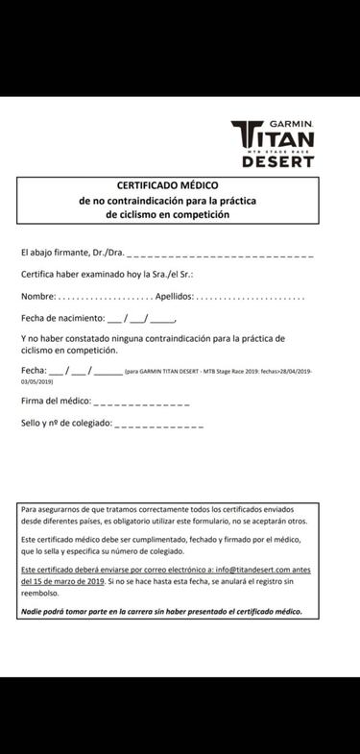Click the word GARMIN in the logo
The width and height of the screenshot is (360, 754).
click(290, 125)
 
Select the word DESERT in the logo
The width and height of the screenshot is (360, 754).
click(277, 161)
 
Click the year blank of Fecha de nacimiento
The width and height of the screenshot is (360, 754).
click(162, 320)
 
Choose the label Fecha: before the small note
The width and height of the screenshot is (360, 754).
click(34, 370)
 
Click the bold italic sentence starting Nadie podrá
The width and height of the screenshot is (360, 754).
click(161, 611)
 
